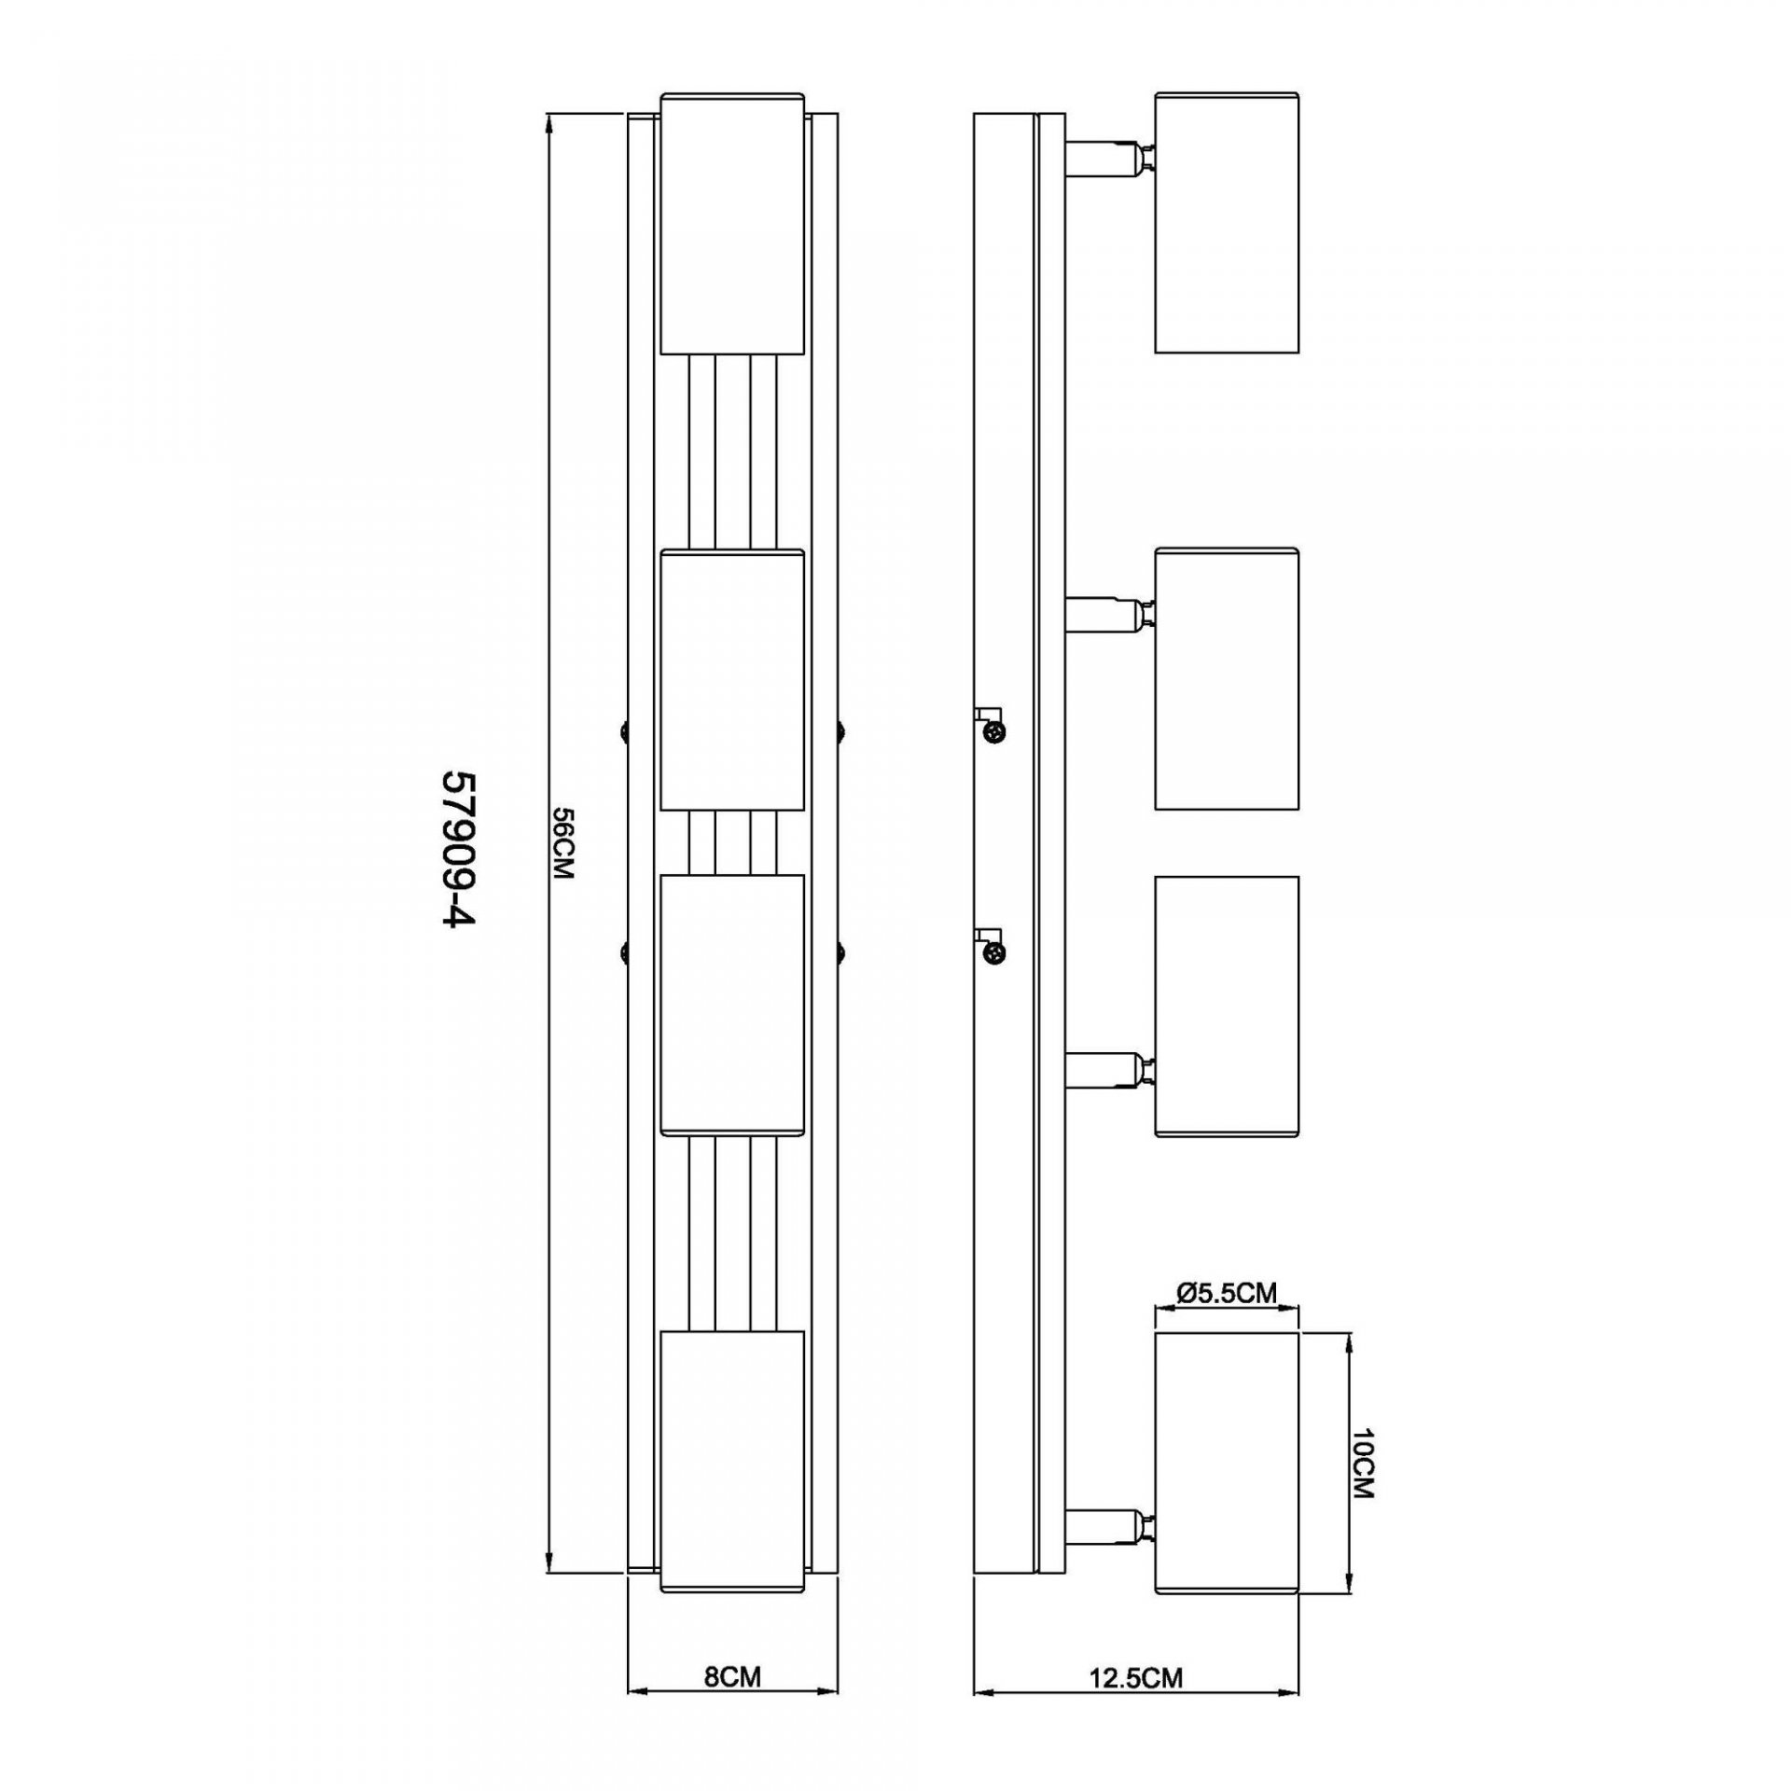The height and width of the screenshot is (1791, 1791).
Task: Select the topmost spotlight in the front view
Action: (732, 223)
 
